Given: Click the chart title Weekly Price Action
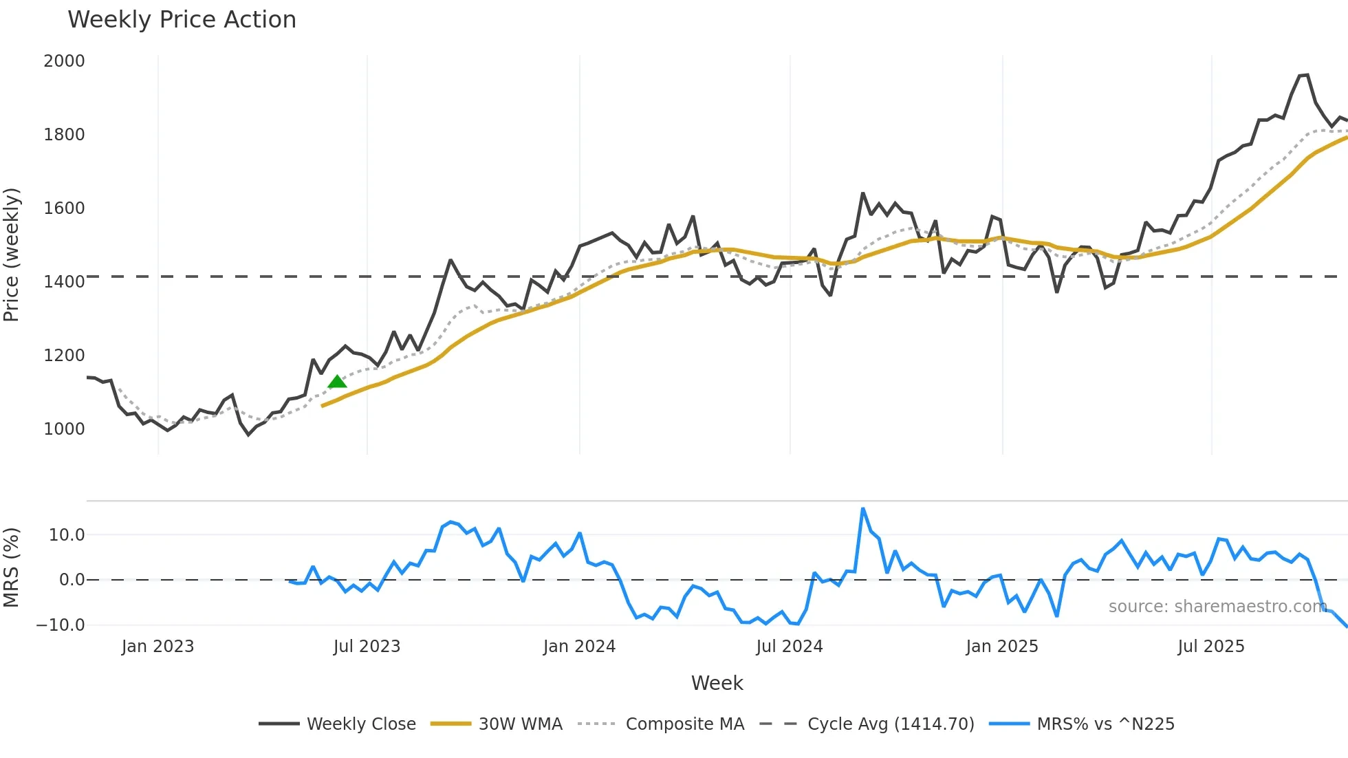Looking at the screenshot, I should [182, 20].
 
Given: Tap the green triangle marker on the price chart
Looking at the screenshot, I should [337, 382].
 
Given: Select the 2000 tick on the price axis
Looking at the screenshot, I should [64, 61].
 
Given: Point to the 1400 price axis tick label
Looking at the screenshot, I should [64, 282].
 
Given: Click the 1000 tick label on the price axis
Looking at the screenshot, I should [64, 429].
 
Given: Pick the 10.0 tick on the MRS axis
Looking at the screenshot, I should [67, 535].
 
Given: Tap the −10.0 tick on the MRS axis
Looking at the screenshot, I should [61, 625].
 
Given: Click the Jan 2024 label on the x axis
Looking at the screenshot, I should [579, 647].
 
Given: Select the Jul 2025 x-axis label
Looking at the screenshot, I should [1210, 647].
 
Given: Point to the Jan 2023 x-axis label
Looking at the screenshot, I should [157, 647].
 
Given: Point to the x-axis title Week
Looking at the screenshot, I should [717, 683].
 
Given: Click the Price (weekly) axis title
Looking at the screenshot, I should [11, 255].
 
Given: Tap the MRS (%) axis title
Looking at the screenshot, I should [11, 567].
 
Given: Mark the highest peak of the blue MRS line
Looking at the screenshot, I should [863, 509].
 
